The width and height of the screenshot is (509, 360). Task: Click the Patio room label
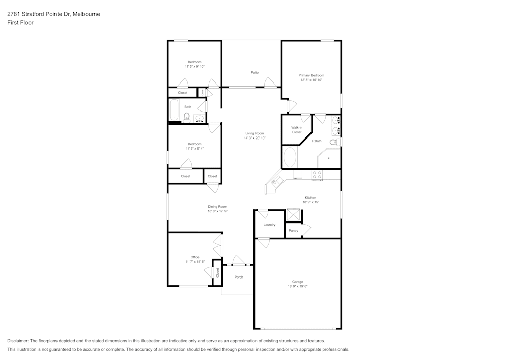coord(254,72)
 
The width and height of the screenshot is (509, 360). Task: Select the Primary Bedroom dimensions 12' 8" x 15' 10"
coord(311,80)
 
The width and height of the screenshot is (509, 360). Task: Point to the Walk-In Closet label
coord(297,130)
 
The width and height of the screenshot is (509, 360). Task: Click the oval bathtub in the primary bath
coord(290,157)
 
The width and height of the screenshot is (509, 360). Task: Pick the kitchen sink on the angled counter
coord(278,181)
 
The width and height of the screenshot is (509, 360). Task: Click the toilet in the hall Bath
coord(186,118)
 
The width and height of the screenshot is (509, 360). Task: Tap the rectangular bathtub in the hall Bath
coord(174,110)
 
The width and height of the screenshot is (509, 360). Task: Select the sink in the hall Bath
coord(199,119)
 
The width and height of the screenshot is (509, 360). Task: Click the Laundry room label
coord(269,225)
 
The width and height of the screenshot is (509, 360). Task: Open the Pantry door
coord(305,230)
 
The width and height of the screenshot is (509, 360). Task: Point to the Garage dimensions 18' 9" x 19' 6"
coord(298,286)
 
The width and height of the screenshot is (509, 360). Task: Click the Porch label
coord(239,277)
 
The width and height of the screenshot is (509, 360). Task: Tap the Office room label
coord(195,257)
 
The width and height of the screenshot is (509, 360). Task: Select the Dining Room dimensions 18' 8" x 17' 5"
coord(217,211)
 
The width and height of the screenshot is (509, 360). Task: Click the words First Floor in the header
coord(20,23)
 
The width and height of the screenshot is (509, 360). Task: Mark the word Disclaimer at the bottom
coord(18,341)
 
